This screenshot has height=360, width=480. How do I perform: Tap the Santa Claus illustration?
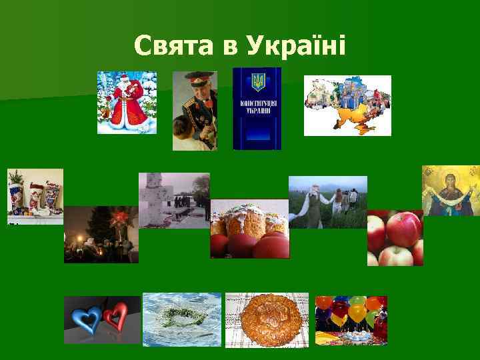(127, 103)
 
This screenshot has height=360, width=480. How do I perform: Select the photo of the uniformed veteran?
(195, 110)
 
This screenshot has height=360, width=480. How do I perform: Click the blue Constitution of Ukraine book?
(257, 109)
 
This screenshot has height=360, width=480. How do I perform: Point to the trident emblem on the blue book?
(257, 83)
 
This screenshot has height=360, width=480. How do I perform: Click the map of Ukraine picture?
(347, 105)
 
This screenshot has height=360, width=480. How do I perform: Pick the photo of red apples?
(395, 238)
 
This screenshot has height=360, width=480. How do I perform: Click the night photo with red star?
(101, 235)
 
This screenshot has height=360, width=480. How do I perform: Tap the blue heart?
(87, 316)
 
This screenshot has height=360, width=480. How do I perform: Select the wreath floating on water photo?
(181, 319)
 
